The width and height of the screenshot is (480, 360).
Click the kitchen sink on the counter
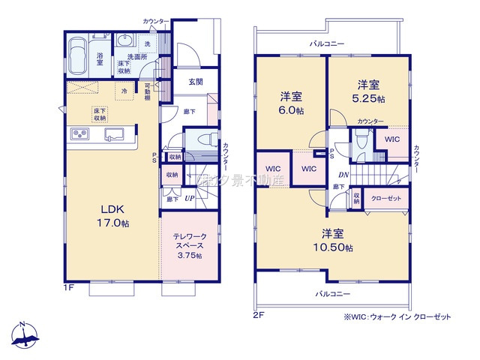115,134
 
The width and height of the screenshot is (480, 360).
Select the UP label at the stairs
188,199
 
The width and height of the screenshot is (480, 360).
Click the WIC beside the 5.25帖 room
391,139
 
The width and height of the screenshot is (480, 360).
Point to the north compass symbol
24,337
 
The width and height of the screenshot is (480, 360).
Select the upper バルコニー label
328,44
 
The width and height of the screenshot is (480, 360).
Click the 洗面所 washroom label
136,57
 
